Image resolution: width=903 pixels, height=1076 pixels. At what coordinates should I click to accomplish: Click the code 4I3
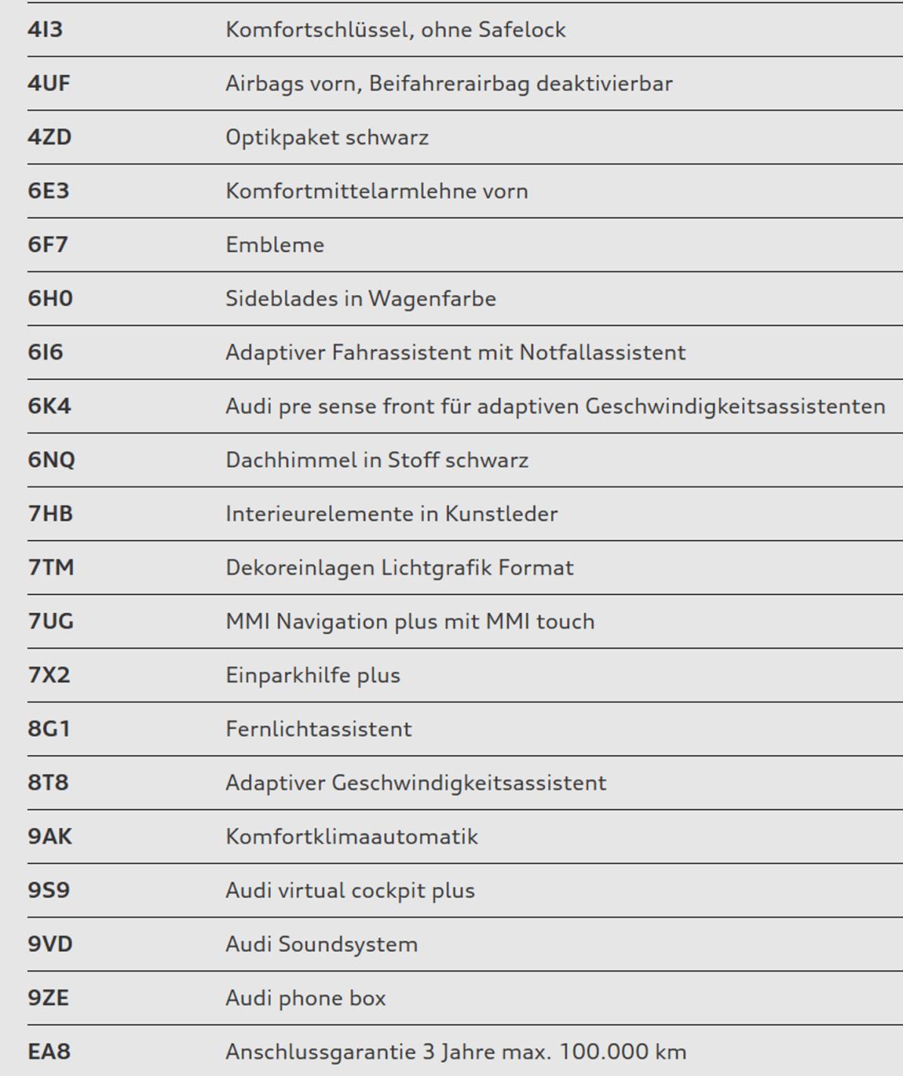(45, 30)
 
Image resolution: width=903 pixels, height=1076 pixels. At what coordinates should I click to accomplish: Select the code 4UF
(49, 83)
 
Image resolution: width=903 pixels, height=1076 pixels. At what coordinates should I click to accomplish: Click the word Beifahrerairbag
(450, 83)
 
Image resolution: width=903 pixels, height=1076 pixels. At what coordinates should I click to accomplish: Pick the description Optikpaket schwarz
(327, 138)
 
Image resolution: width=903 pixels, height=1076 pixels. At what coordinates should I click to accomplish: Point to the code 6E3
(48, 191)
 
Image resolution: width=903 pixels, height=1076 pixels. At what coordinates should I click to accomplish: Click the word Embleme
(275, 245)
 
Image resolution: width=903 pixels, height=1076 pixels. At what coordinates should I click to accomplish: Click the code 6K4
(49, 406)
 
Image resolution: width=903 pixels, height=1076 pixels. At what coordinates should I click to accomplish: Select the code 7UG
(51, 621)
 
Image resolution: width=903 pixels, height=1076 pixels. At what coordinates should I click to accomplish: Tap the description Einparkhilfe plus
(313, 675)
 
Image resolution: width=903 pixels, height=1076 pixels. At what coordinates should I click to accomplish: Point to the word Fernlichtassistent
(319, 729)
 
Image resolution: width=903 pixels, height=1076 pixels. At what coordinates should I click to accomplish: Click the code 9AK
(50, 836)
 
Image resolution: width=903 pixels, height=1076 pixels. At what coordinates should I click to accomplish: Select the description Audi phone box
(306, 998)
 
